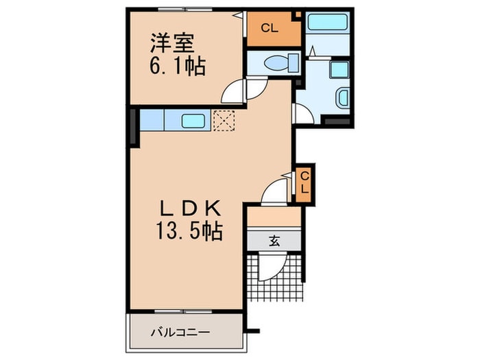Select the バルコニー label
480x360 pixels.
click(180, 333)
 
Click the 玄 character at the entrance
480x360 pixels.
click(274, 241)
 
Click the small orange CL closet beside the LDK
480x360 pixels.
click(304, 184)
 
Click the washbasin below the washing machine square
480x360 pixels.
click(342, 99)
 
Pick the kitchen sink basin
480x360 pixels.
click(194, 121)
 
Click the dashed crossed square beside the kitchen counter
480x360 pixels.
click(224, 121)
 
